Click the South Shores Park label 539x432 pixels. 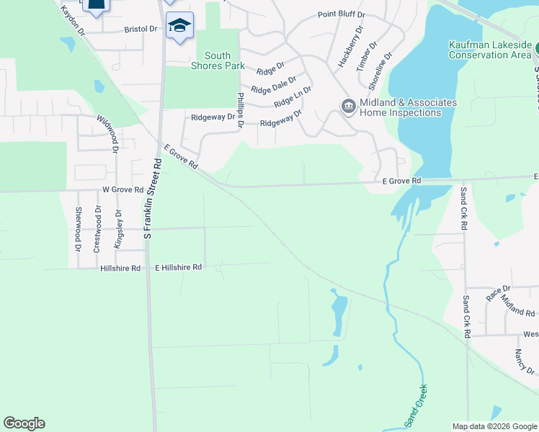(217, 61)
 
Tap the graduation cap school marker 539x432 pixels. (179, 27)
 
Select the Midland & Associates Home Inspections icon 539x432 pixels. (348, 107)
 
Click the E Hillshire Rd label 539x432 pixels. (179, 267)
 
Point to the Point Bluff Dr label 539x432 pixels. (342, 15)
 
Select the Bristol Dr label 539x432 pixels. (141, 29)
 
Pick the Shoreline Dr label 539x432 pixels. (380, 71)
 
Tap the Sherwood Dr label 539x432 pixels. (78, 229)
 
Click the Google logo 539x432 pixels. (24, 423)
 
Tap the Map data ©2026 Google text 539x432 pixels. (494, 426)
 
